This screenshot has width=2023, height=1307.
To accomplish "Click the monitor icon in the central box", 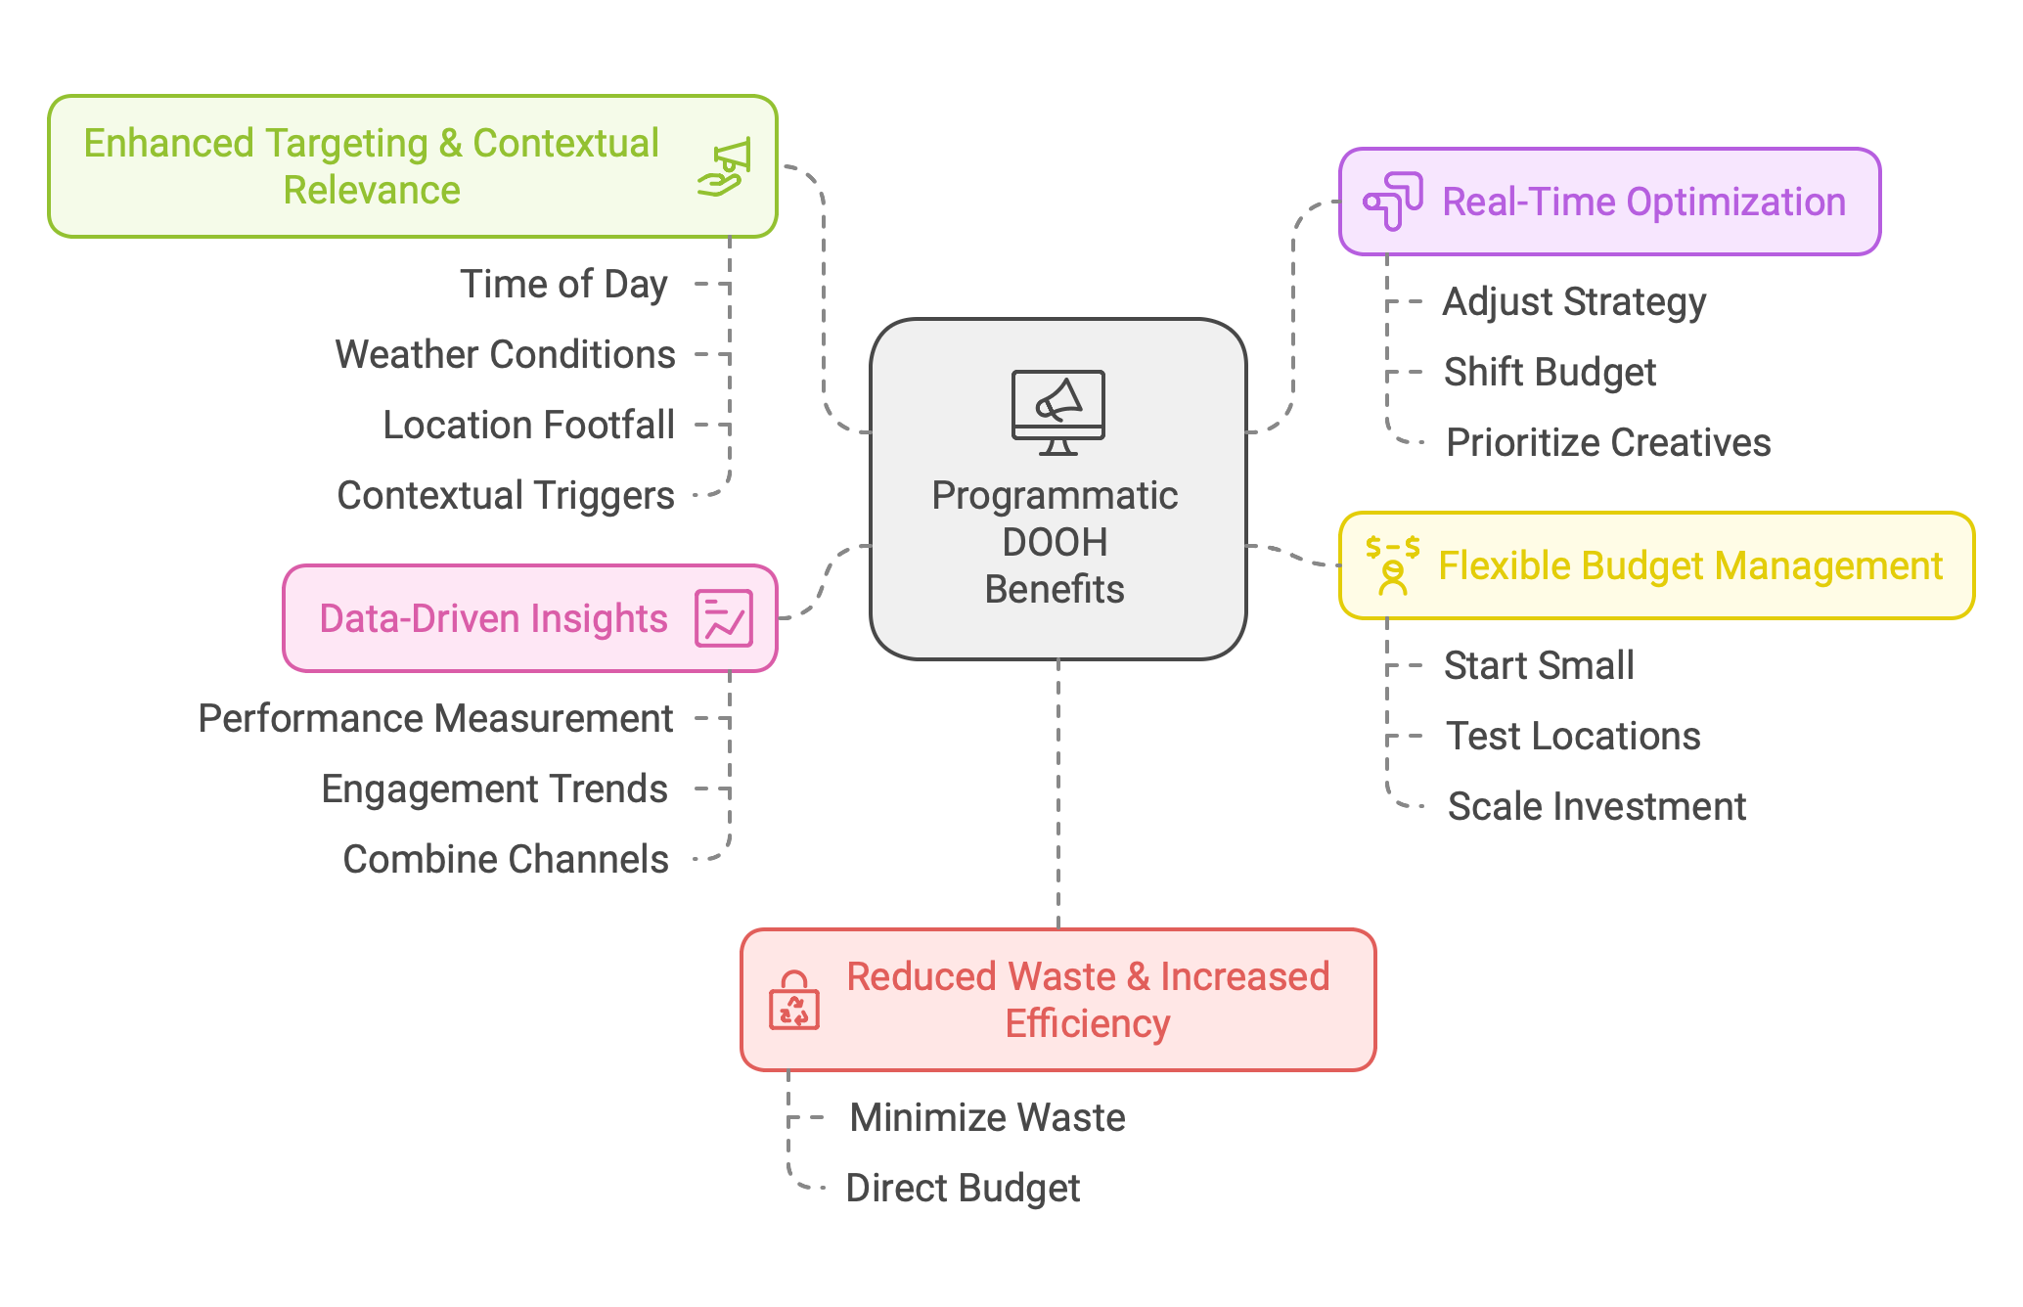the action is [1057, 411].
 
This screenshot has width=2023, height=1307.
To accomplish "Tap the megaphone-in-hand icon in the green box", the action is [725, 166].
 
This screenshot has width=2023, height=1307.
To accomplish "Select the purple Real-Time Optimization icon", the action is [1393, 201].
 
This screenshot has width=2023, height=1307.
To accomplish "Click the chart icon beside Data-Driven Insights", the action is [724, 618].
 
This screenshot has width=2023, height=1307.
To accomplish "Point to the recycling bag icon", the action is [794, 1001].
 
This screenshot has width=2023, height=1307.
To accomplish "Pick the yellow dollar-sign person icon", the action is [1392, 565].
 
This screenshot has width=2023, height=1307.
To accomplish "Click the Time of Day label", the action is [563, 285].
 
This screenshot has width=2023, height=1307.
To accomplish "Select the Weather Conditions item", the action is [505, 355].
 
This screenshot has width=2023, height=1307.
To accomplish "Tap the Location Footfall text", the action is [528, 426].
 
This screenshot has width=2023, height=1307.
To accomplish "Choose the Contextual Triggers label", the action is [506, 496].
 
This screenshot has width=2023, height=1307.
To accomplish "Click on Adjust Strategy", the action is [1574, 302].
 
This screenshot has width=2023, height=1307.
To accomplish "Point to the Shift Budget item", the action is [1550, 373].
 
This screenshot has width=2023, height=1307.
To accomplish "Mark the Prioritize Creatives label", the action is [1608, 443].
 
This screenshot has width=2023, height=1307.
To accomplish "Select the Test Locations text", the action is [1573, 737].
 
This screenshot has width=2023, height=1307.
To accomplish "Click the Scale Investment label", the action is [1596, 807].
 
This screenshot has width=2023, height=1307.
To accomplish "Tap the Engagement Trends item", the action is [494, 789].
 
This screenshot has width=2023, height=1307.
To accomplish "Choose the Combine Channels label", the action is [506, 860].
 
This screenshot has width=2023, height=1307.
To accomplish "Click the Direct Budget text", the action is [963, 1189].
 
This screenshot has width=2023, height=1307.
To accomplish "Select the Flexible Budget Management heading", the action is [1690, 566].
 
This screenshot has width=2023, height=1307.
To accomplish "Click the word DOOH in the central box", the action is [1055, 543].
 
